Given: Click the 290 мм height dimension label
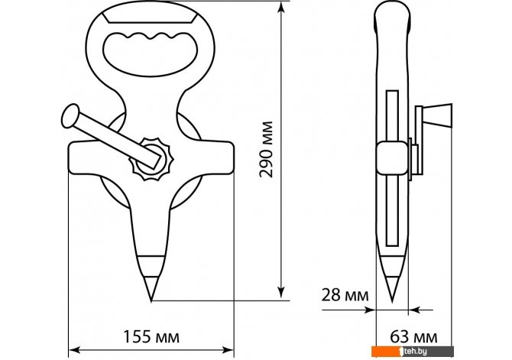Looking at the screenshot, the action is pyautogui.click(x=266, y=149).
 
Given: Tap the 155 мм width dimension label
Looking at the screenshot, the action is pyautogui.click(x=151, y=336).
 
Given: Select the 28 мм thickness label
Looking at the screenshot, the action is pyautogui.click(x=345, y=295).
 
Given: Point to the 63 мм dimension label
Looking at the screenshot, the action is pyautogui.click(x=413, y=337).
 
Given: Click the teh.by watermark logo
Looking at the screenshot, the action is pyautogui.click(x=413, y=351).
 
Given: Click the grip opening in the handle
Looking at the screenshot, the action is pyautogui.click(x=151, y=54).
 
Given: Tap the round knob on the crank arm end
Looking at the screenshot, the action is pyautogui.click(x=70, y=115).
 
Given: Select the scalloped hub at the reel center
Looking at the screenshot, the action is pyautogui.click(x=151, y=159).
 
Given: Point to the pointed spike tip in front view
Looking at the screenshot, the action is pyautogui.click(x=151, y=299).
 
